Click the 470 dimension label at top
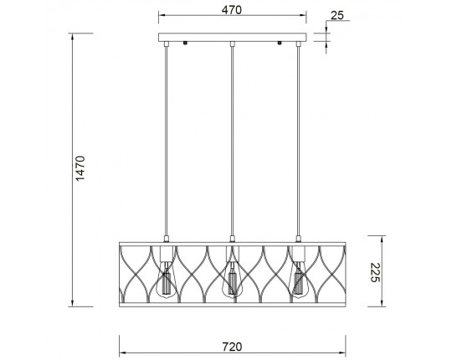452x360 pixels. pyautogui.click(x=232, y=10)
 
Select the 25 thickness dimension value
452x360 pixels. pyautogui.click(x=337, y=16)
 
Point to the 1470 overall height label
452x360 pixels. pyautogui.click(x=80, y=168)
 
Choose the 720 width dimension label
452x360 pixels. pyautogui.click(x=232, y=347)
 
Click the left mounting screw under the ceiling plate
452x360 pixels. pyautogui.click(x=185, y=43)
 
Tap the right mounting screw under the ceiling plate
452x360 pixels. pyautogui.click(x=279, y=43)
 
